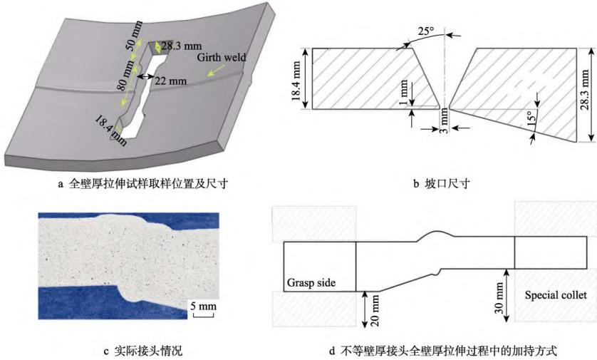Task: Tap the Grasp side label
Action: point(311,283)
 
